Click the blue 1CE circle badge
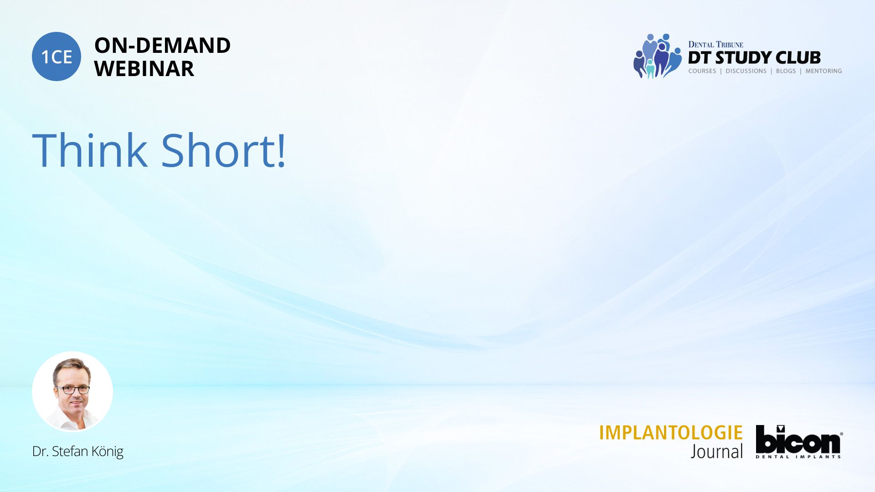click(57, 56)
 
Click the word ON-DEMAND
click(162, 46)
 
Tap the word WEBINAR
click(144, 69)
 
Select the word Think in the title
click(90, 150)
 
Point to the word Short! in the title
click(223, 150)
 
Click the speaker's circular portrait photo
click(72, 391)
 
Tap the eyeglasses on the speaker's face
click(72, 390)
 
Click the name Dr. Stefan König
click(77, 451)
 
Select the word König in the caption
click(107, 451)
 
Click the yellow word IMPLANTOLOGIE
click(670, 433)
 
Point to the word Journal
click(716, 451)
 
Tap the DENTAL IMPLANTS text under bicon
click(798, 456)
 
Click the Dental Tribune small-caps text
click(715, 45)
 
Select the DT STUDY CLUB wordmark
click(754, 58)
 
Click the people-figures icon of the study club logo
click(657, 56)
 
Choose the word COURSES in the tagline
click(702, 71)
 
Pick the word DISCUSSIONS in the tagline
click(746, 71)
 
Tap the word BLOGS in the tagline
click(786, 71)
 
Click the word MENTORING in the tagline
click(824, 71)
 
